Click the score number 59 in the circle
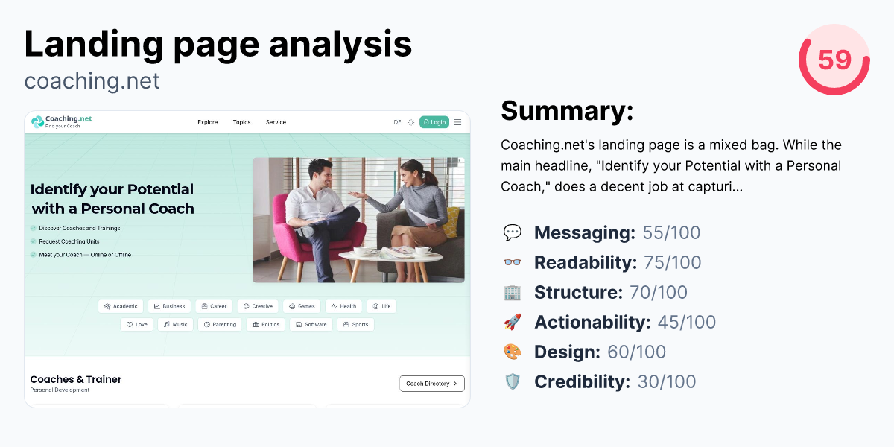point(834,60)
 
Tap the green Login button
point(434,122)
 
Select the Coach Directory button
point(432,384)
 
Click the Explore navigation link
point(208,122)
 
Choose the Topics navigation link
point(241,122)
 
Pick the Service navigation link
point(276,122)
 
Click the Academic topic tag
point(121,306)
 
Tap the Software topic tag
point(311,324)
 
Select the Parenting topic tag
point(220,324)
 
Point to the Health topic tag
point(343,306)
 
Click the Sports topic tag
point(355,324)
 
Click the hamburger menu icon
point(457,122)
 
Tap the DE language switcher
point(397,122)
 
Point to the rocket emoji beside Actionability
point(513,322)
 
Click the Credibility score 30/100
point(667,381)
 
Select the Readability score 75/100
point(672,262)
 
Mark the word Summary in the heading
point(567,110)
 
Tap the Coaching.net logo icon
point(37,121)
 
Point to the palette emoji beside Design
point(513,352)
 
